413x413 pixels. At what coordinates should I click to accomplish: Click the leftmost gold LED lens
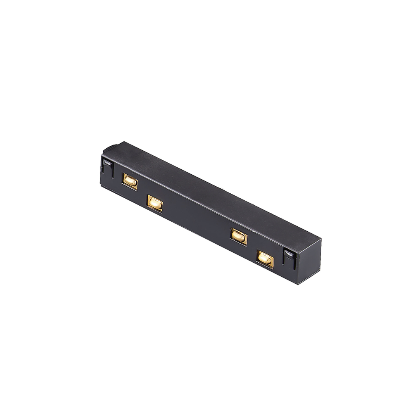coord(130,181)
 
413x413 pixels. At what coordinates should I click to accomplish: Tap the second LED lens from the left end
coord(155,203)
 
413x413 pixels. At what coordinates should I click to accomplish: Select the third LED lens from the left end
coord(239,237)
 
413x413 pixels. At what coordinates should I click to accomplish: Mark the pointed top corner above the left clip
coord(101,154)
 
